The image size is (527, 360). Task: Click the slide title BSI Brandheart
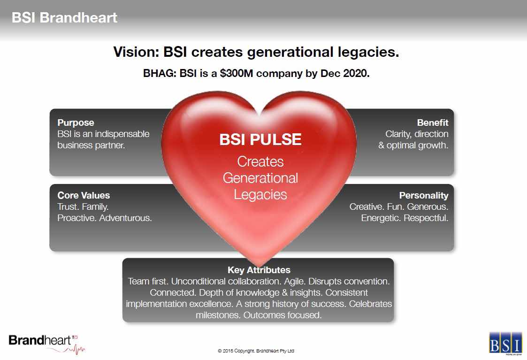[65, 18]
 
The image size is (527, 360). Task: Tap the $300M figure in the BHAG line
[236, 73]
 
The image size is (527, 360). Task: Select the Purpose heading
[76, 123]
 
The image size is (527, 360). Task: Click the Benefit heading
[433, 123]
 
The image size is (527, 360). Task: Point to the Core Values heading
[84, 195]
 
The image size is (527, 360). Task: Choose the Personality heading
[424, 196]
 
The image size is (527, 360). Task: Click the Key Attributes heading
[259, 270]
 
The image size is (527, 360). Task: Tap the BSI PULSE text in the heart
[260, 139]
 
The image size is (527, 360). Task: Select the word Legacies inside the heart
[260, 195]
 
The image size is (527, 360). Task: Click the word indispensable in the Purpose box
[122, 134]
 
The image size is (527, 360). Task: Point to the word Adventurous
[125, 218]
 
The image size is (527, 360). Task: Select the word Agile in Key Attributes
[295, 282]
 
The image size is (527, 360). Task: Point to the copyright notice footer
[256, 351]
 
